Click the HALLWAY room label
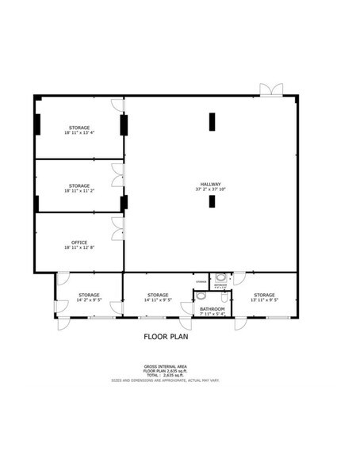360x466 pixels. [210, 184]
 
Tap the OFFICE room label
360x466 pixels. [79, 243]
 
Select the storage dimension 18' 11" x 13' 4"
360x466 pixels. [79, 133]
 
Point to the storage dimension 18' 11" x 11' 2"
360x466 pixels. [79, 191]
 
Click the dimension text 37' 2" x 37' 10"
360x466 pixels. [210, 190]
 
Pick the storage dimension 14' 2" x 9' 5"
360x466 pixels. [89, 300]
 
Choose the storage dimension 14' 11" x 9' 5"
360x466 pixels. [158, 300]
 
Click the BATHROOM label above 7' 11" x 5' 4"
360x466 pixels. [212, 309]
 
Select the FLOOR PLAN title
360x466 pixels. [167, 335]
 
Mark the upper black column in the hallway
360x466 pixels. [213, 122]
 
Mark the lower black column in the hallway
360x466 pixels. [213, 201]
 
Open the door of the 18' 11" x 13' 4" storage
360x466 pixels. [117, 104]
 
